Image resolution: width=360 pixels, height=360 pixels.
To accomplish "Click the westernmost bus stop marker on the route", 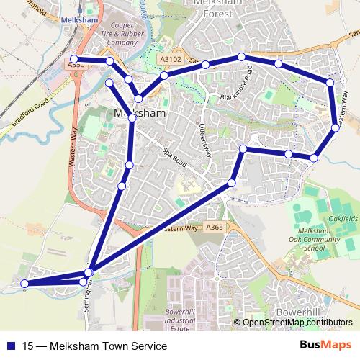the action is (x=24, y=284).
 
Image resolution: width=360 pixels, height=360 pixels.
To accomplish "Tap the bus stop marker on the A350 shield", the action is (x=74, y=59).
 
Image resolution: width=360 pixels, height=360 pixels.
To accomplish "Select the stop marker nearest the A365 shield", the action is (x=232, y=183).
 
